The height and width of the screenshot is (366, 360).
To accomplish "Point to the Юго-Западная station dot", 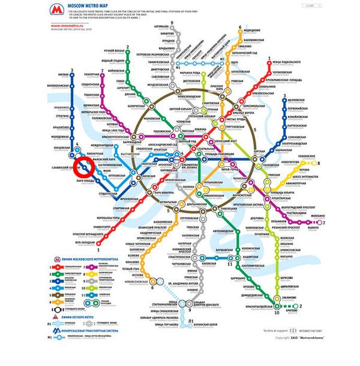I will pos(100,243).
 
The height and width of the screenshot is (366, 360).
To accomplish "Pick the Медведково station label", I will pos(253,29).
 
